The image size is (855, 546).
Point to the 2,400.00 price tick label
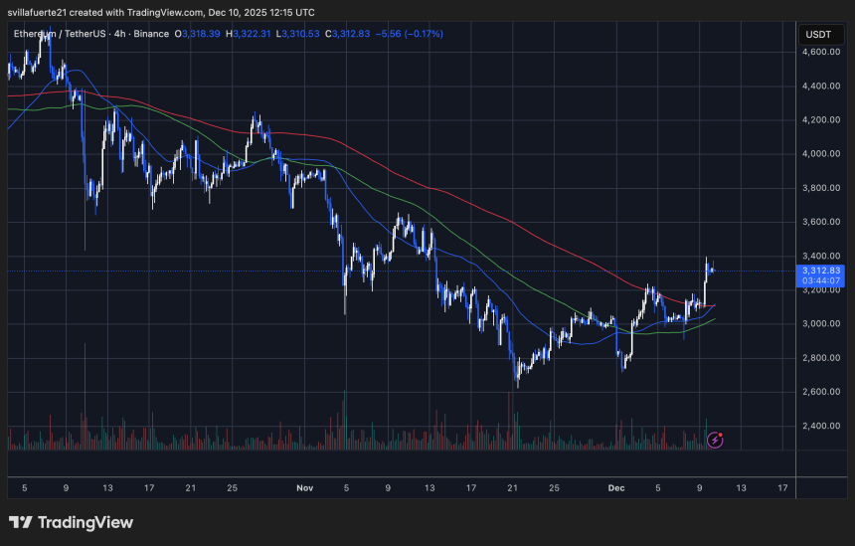point(821,426)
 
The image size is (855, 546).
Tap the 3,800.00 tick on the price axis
point(821,188)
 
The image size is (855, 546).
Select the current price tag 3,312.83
point(821,270)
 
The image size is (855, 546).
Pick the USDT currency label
point(818,34)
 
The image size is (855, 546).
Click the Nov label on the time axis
point(304,488)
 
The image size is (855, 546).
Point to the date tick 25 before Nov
point(232,488)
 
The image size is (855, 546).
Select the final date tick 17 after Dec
point(782,488)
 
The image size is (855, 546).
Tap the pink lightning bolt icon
point(715,439)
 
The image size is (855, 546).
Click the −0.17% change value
point(422,34)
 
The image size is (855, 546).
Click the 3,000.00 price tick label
point(821,323)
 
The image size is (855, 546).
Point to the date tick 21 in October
point(189,488)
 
